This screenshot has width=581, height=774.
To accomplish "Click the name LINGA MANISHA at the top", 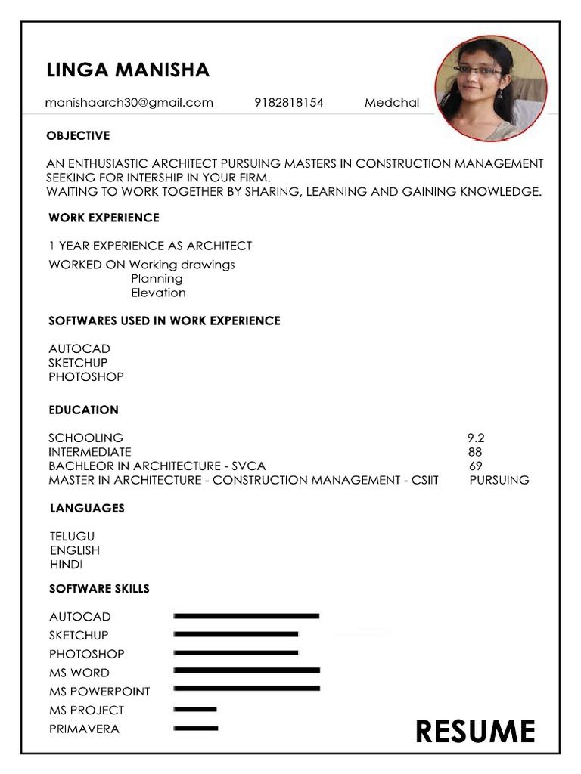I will click(128, 70).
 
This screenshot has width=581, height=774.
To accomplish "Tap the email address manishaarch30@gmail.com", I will click(129, 102).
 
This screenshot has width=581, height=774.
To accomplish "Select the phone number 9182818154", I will click(288, 102).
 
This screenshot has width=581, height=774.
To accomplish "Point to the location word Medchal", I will click(391, 102).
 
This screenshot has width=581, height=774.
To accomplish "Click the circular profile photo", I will click(491, 88).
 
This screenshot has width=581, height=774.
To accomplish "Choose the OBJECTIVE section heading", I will click(78, 135).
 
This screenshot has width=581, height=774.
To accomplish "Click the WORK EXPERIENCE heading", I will click(104, 218).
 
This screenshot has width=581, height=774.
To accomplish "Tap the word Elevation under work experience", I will click(158, 293).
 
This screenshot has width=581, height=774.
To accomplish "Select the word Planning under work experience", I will click(157, 278).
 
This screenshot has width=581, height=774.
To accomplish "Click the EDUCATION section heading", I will click(83, 410).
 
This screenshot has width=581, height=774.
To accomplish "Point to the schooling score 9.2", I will click(475, 438).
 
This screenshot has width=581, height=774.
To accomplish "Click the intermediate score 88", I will click(475, 452).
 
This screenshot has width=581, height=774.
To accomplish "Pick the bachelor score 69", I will click(475, 466).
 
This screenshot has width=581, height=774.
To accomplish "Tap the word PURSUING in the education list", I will click(499, 480).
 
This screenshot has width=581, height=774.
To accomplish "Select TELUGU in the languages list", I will click(72, 536).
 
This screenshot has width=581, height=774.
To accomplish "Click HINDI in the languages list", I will click(66, 565).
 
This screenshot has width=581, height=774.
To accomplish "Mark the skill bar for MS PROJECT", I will click(195, 709).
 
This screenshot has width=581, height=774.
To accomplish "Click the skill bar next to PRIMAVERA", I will click(196, 728).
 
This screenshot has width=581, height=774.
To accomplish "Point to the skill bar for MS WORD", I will click(247, 670).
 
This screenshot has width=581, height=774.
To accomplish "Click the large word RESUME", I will click(475, 731).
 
